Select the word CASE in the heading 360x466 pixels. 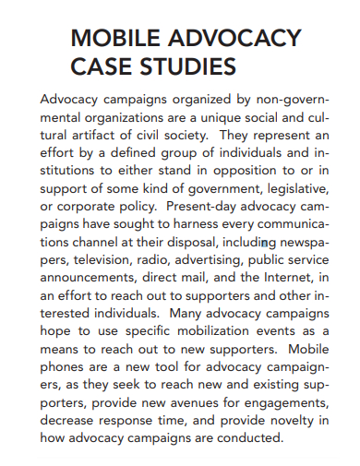point(99,66)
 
